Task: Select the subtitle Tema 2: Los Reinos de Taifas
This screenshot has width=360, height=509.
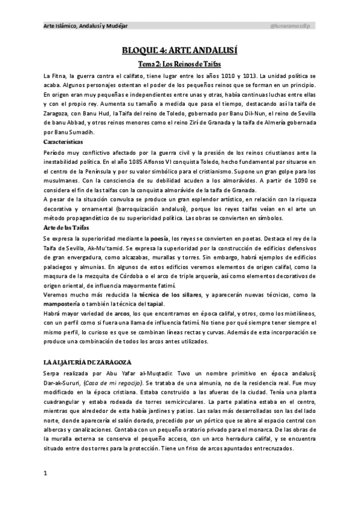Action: tap(179, 64)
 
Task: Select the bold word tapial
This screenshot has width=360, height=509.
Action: tap(154, 304)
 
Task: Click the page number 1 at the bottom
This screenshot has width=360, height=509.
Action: tap(45, 474)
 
